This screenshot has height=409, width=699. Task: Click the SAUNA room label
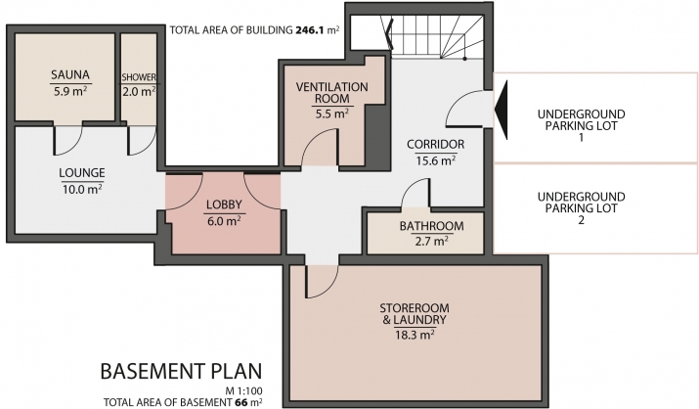[70, 74]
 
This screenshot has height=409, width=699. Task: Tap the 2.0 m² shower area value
[139, 91]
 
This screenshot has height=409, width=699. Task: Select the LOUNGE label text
[82, 172]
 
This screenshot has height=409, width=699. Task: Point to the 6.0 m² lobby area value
[224, 221]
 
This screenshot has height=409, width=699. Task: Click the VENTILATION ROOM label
[332, 92]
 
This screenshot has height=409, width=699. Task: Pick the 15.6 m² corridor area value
[436, 160]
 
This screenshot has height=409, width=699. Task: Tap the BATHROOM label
[431, 226]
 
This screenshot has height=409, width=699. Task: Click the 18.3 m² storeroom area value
[415, 335]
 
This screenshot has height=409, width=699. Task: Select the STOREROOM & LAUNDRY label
[415, 313]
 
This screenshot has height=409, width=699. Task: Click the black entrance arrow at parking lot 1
[502, 110]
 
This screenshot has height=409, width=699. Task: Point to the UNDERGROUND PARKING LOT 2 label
[581, 208]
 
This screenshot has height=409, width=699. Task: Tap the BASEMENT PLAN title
[181, 371]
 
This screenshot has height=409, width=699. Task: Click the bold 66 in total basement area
[240, 402]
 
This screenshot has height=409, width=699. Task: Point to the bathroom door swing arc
[415, 190]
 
